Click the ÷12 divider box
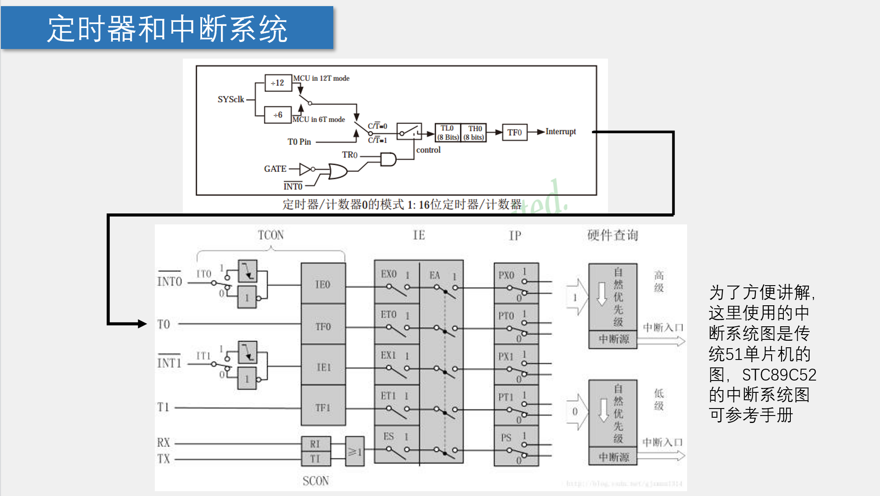[x=278, y=83]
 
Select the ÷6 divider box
[x=278, y=115]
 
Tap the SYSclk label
[x=230, y=99]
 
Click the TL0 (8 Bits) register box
[x=447, y=133]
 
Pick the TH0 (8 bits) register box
[x=474, y=133]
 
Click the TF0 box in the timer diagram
[x=514, y=132]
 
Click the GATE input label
[x=275, y=169]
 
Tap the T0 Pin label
[x=299, y=142]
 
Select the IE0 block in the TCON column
[x=323, y=285]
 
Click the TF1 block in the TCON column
[x=323, y=408]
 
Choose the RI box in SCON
[x=315, y=444]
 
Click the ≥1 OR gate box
[x=355, y=452]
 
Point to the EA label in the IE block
[x=434, y=275]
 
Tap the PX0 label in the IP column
[x=506, y=275]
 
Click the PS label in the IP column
[x=506, y=437]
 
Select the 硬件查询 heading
[x=612, y=235]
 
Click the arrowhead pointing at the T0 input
[x=142, y=324]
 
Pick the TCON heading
[x=271, y=235]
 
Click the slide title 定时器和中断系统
[x=167, y=29]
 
